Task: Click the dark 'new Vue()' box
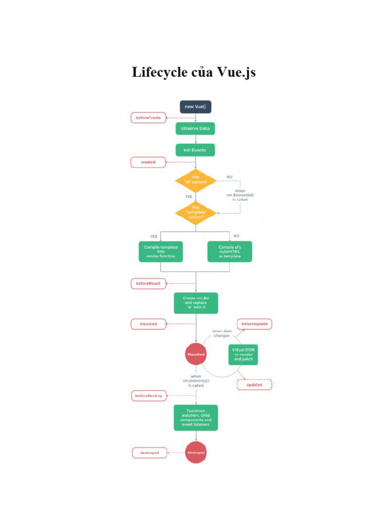tap(196, 107)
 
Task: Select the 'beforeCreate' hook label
tap(148, 118)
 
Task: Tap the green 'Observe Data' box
tap(196, 129)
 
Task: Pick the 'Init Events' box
tap(195, 150)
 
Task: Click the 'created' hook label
tap(148, 162)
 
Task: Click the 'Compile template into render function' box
tap(161, 251)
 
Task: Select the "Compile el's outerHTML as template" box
tap(230, 251)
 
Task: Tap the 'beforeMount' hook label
tap(148, 283)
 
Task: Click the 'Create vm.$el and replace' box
tap(196, 303)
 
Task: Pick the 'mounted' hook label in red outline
tap(148, 323)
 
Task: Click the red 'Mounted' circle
tap(196, 354)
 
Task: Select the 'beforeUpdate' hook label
tap(255, 324)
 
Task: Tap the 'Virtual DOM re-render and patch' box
tap(243, 354)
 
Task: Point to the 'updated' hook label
tap(254, 385)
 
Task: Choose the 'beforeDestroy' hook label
tap(148, 396)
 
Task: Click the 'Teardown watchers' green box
tap(196, 418)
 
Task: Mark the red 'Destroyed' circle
tap(196, 452)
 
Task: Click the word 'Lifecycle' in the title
tap(159, 72)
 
